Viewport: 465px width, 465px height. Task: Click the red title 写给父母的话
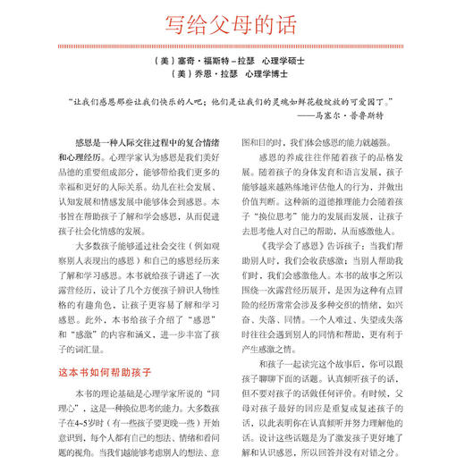232,23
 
